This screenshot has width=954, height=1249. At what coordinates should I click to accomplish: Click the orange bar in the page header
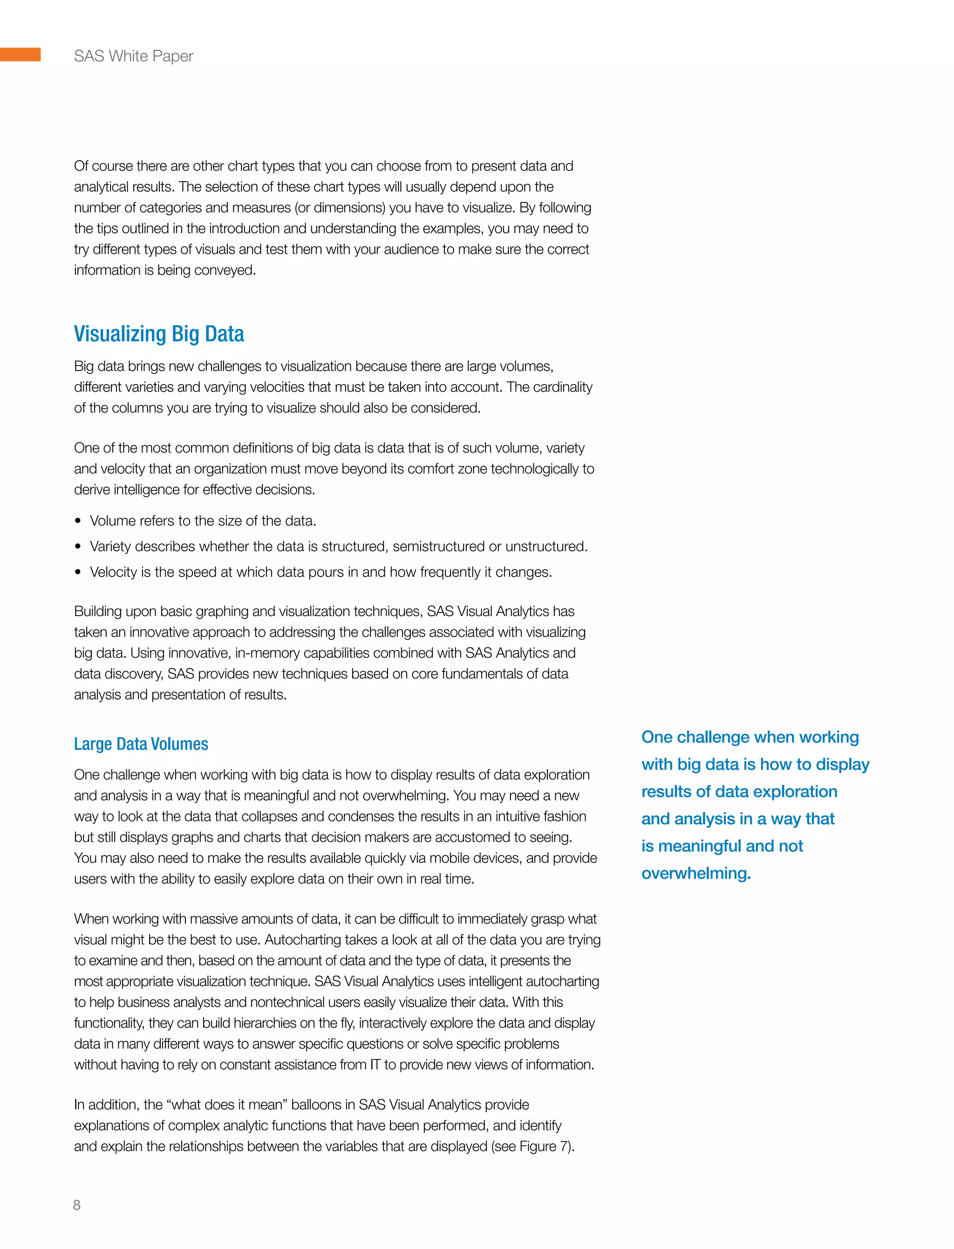(x=20, y=54)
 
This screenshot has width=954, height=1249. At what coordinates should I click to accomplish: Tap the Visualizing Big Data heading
(x=159, y=334)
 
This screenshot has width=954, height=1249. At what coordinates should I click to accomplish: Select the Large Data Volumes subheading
(x=141, y=744)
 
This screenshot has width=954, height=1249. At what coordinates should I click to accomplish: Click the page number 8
(x=77, y=1205)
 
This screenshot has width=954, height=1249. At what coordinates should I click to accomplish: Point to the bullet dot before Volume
(x=78, y=521)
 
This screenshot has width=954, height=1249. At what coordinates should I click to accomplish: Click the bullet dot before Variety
(x=78, y=547)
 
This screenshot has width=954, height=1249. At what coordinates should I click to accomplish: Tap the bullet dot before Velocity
(x=78, y=572)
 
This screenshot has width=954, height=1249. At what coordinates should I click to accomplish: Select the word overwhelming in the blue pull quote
(x=695, y=873)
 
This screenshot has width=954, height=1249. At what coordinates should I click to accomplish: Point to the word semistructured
(x=439, y=546)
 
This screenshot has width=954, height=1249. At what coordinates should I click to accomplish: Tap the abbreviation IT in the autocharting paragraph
(x=375, y=1065)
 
